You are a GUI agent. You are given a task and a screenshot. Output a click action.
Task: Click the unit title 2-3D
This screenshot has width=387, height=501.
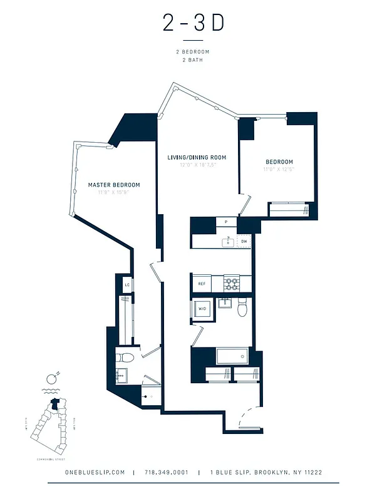pyautogui.click(x=193, y=23)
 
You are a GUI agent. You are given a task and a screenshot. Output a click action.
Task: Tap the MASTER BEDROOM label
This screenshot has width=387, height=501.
pyautogui.click(x=114, y=185)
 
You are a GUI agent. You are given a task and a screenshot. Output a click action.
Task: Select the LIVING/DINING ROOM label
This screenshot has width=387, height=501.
pyautogui.click(x=197, y=157)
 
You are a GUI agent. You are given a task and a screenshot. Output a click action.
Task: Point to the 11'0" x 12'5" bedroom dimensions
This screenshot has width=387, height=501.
pyautogui.click(x=279, y=169)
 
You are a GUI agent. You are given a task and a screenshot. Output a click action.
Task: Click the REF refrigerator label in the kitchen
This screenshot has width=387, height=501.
pyautogui.click(x=202, y=284)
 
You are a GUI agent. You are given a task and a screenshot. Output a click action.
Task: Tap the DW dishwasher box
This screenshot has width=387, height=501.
pyautogui.click(x=244, y=240)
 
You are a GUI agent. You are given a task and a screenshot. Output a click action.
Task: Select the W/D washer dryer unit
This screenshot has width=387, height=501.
pyautogui.click(x=203, y=309)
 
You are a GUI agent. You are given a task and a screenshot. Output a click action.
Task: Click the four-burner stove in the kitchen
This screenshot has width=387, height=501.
pyautogui.click(x=233, y=284)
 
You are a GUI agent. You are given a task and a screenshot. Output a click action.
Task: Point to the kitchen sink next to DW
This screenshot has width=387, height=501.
pyautogui.click(x=228, y=240)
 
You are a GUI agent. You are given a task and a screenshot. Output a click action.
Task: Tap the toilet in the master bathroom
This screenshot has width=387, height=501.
pyautogui.click(x=125, y=358)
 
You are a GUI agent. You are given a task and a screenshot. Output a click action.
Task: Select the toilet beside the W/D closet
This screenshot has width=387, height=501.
pyautogui.click(x=243, y=307)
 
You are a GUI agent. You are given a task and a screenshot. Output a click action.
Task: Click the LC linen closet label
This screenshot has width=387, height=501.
pyautogui.click(x=127, y=285)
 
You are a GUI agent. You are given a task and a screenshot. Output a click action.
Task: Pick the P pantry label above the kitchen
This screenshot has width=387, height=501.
pyautogui.click(x=225, y=222)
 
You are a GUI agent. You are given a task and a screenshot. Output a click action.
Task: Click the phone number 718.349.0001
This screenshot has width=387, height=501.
pyautogui.click(x=165, y=472)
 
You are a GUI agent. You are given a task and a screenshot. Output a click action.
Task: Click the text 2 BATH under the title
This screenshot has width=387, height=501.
pyautogui.click(x=193, y=60)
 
